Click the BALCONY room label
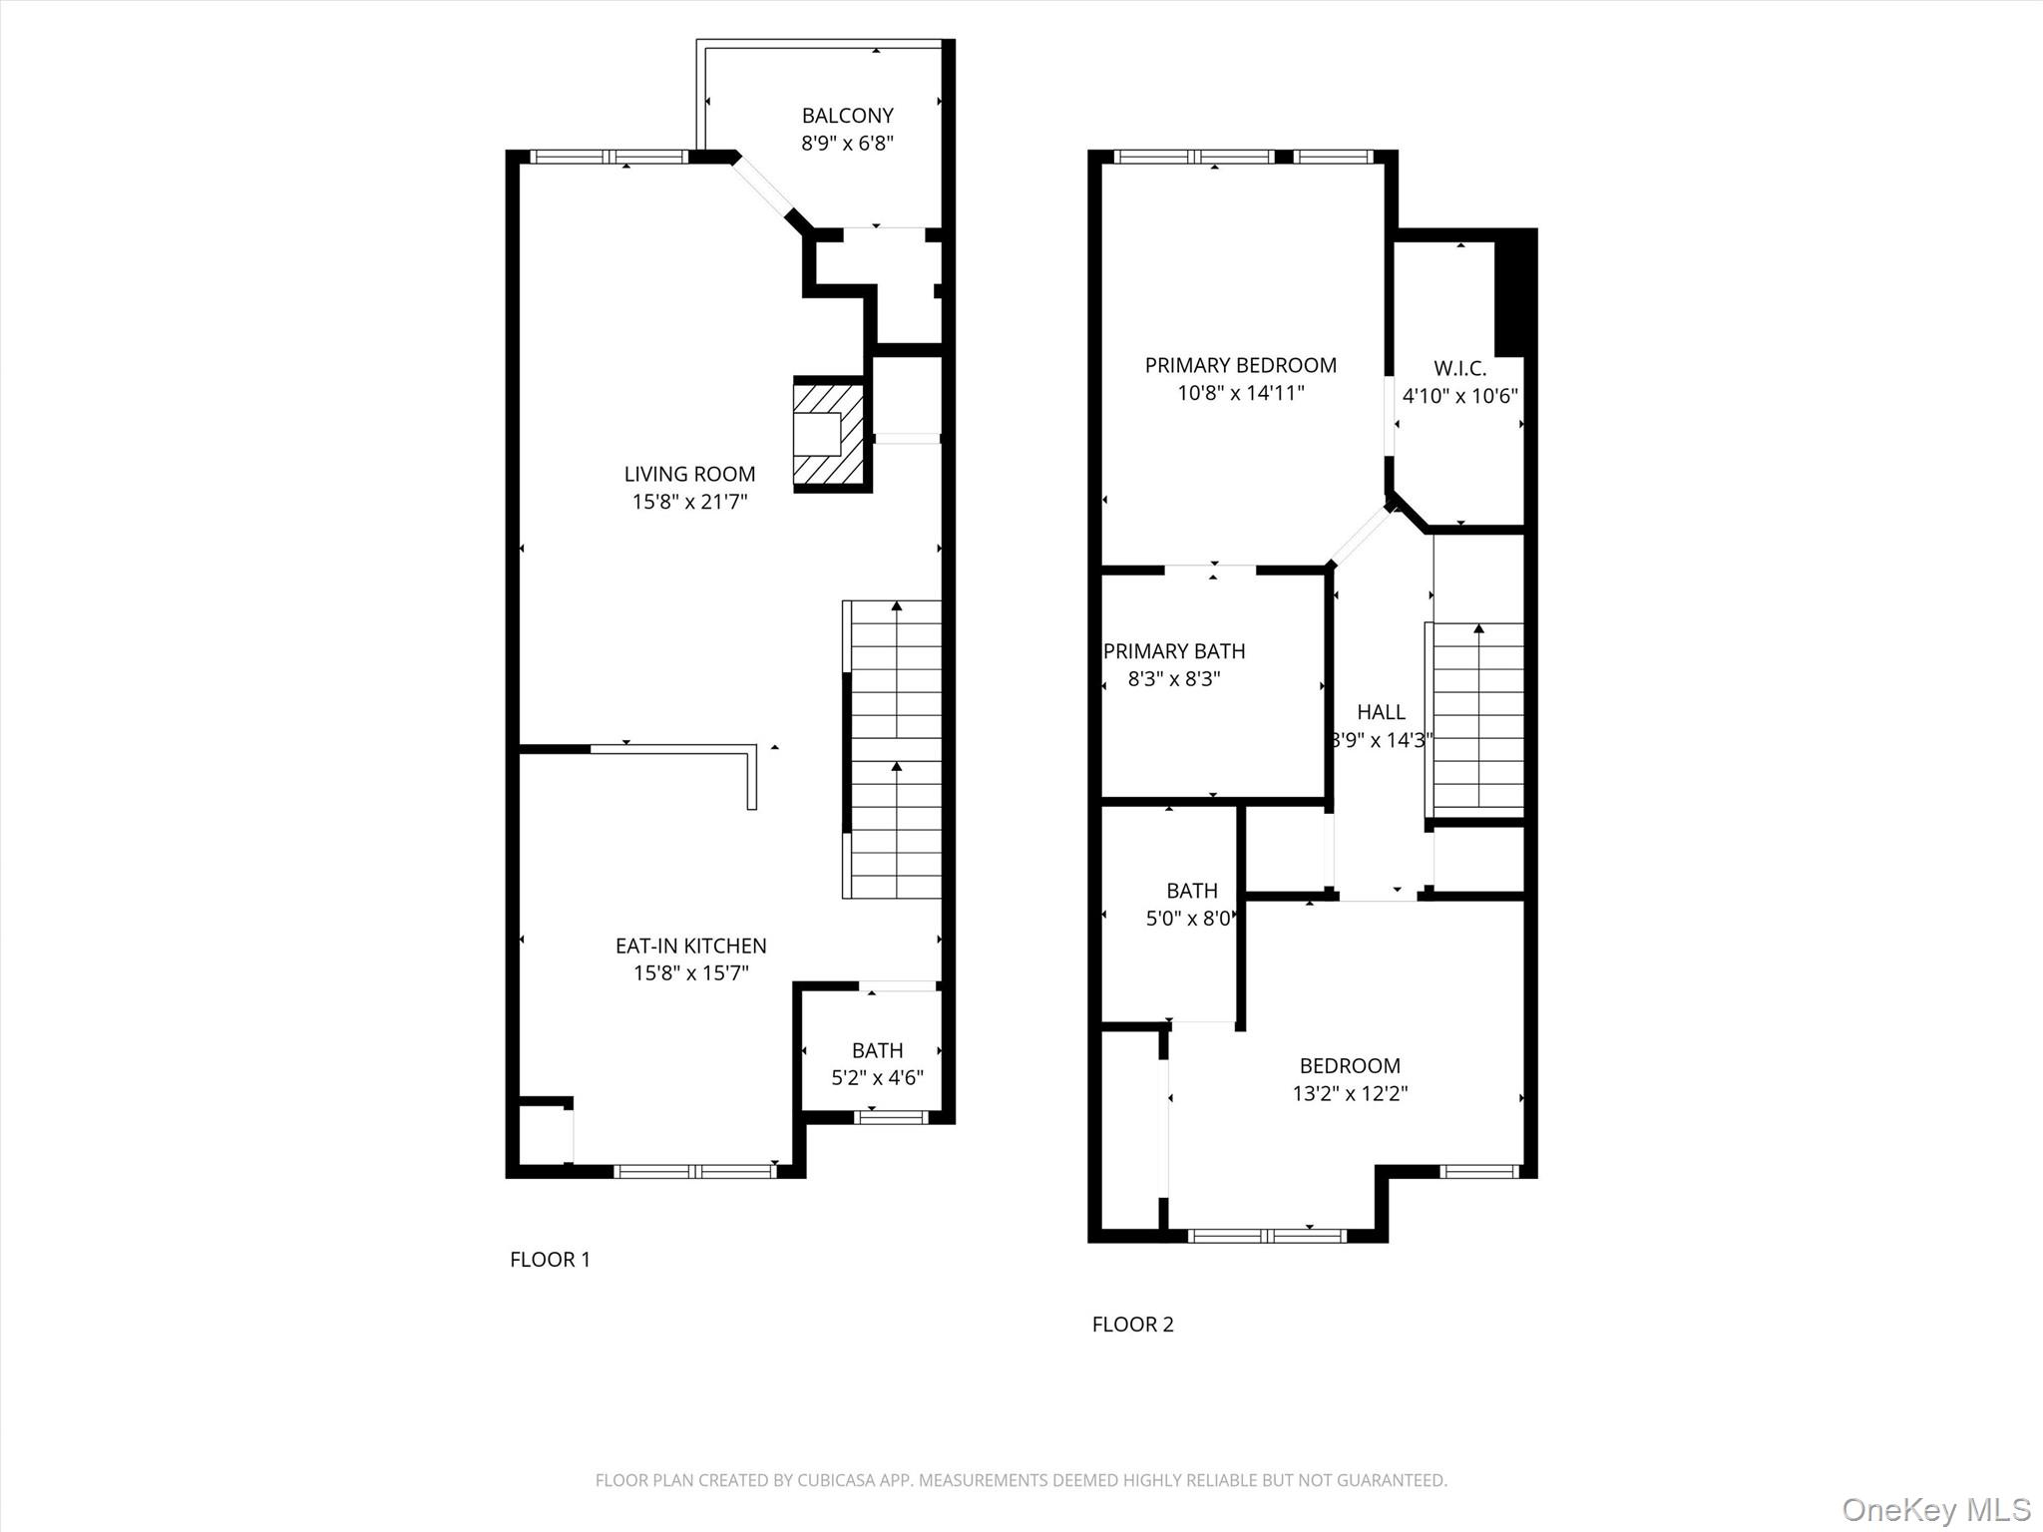[x=847, y=116]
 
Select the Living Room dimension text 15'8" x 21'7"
[x=689, y=502]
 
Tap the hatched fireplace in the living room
[x=828, y=434]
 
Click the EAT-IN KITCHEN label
[x=690, y=946]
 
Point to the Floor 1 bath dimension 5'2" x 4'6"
[x=877, y=1078]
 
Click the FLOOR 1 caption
[x=550, y=1260]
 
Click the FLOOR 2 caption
[x=1132, y=1325]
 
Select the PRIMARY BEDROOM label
[x=1240, y=365]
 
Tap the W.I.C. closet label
[x=1459, y=368]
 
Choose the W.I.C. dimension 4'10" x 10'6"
[x=1459, y=396]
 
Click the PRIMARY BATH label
[x=1174, y=651]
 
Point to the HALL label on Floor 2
[x=1381, y=712]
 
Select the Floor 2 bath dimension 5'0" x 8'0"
[x=1188, y=919]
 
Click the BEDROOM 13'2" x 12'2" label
[x=1350, y=1066]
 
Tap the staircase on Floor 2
[x=1477, y=718]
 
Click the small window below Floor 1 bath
[x=892, y=1117]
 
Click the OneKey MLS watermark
[x=1935, y=1509]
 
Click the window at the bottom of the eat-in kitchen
[x=695, y=1171]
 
